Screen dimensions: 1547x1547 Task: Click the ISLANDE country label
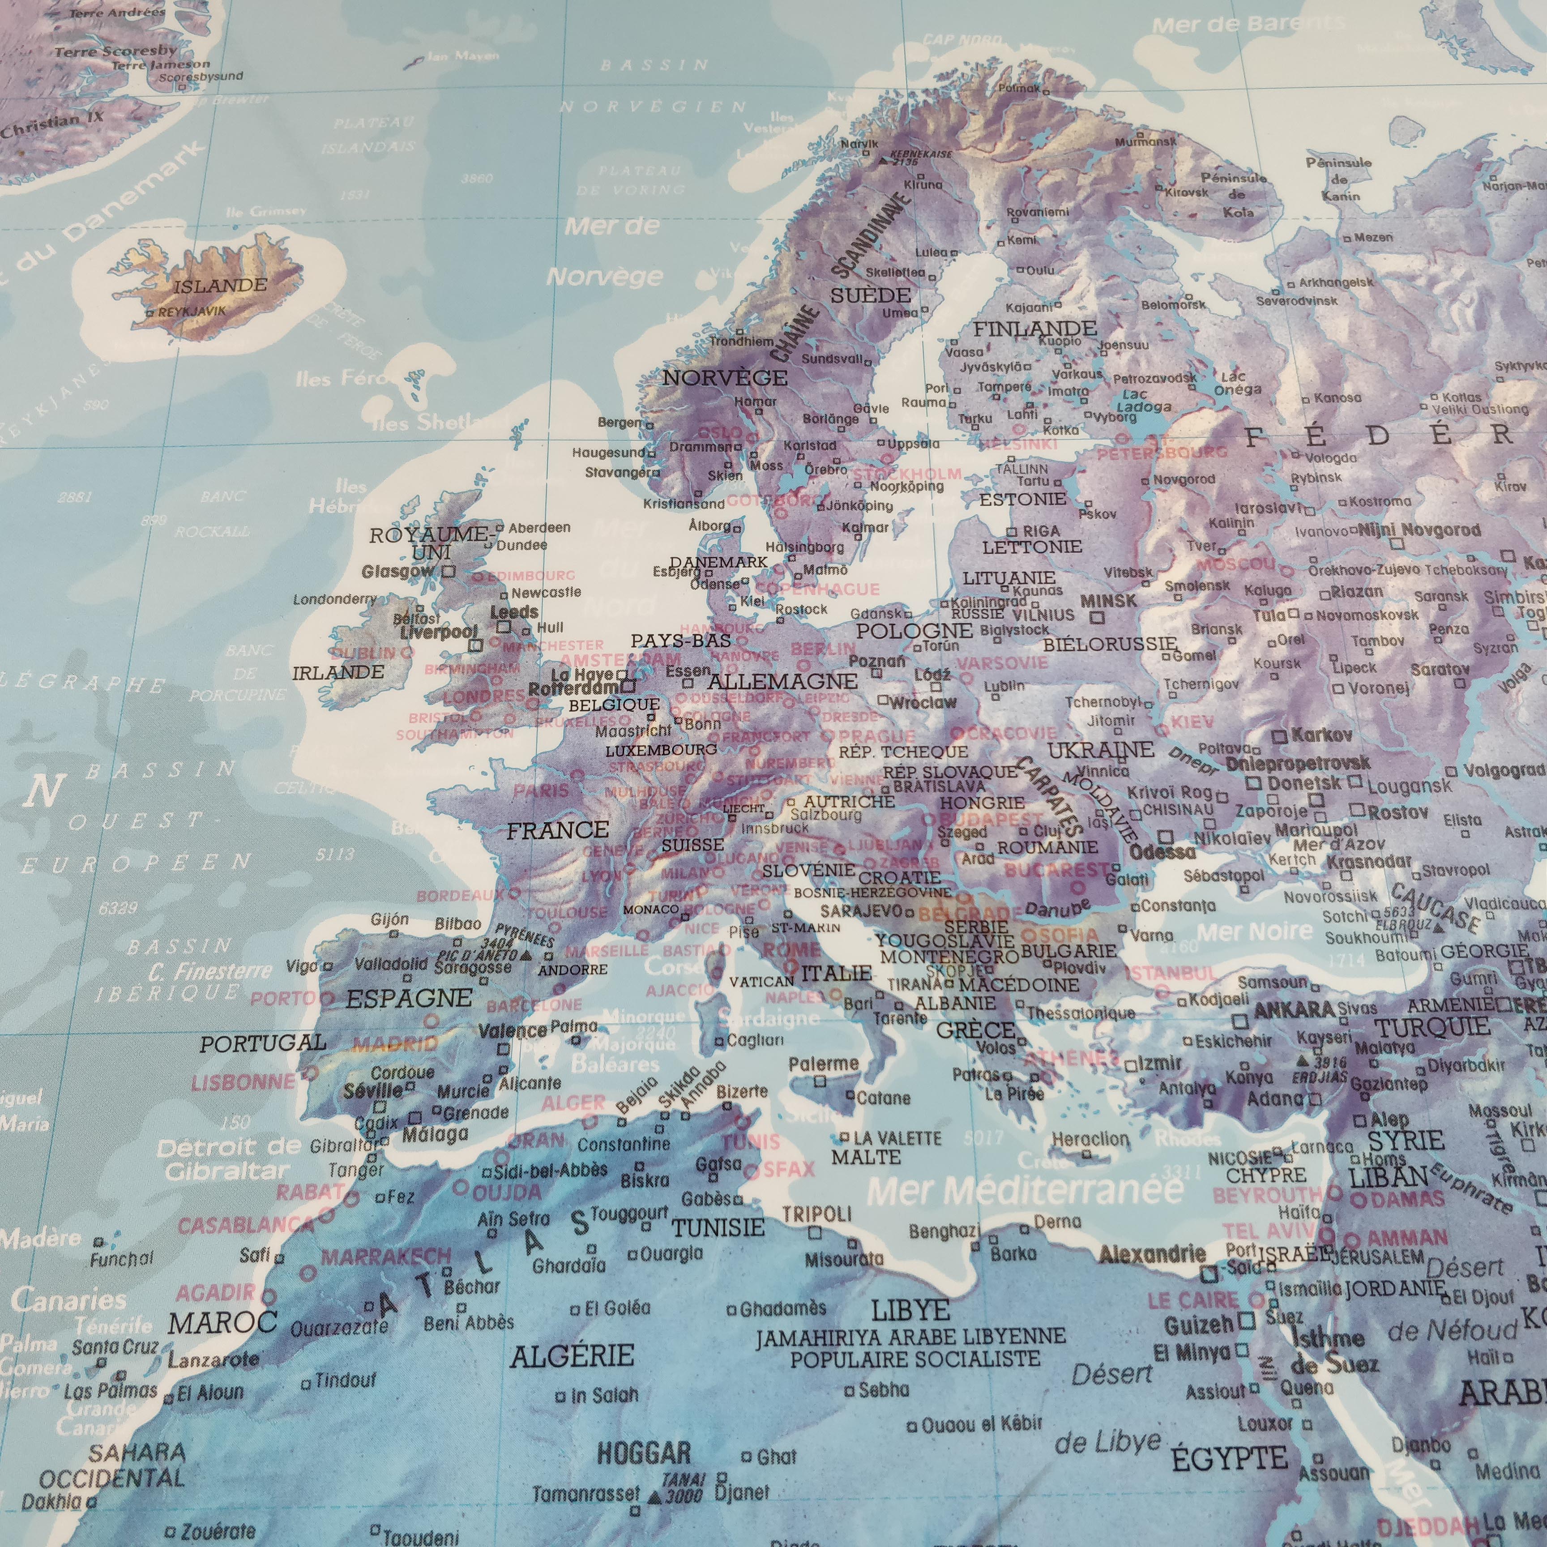(220, 285)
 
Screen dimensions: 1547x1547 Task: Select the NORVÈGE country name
(725, 377)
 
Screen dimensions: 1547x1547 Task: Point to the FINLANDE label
(1034, 328)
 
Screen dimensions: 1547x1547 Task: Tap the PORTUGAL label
(263, 1043)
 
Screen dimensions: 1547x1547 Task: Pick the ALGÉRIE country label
(573, 1355)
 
